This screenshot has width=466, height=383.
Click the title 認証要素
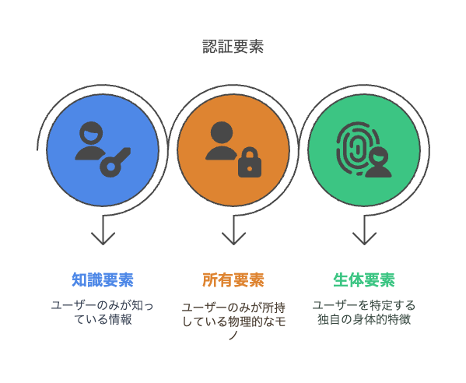[x=233, y=47]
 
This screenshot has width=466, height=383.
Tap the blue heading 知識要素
[x=103, y=279]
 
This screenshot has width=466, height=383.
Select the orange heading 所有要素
[x=233, y=279]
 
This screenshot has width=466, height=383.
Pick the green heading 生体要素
[x=364, y=279]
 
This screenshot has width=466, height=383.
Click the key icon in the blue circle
[x=115, y=163]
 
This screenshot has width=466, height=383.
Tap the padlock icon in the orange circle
[x=250, y=163]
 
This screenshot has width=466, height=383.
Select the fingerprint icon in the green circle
[x=356, y=148]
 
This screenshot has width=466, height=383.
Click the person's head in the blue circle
[x=91, y=134]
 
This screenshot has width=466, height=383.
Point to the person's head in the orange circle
[x=222, y=133]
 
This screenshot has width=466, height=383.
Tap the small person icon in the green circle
[x=378, y=162]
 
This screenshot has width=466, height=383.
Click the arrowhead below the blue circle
[x=103, y=238]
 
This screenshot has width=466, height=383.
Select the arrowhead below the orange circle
[x=233, y=238]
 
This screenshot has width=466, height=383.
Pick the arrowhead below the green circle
[x=364, y=238]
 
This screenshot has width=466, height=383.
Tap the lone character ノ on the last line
[x=233, y=336]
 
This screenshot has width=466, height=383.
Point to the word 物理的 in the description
[x=244, y=322]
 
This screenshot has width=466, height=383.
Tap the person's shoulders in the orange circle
[x=222, y=153]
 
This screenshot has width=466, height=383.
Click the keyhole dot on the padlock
[x=250, y=169]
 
